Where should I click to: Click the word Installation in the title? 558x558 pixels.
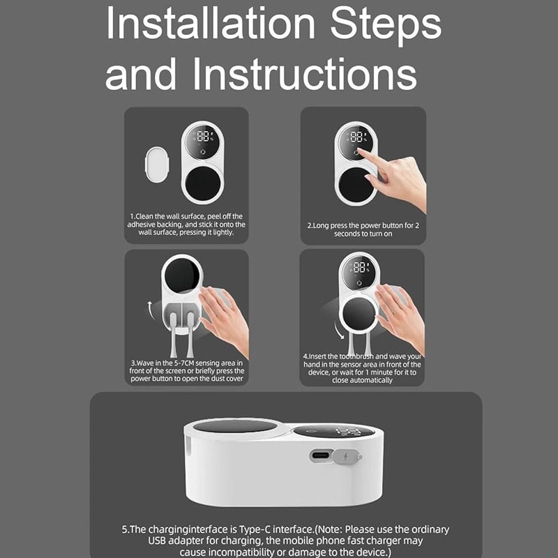[x=211, y=24]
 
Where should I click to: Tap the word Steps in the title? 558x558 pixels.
[x=386, y=26]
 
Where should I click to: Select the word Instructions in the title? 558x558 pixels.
[x=305, y=74]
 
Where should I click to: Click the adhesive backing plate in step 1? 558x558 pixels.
[x=157, y=164]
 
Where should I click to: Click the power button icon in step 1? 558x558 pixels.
[x=203, y=152]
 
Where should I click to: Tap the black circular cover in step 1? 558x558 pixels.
[x=203, y=183]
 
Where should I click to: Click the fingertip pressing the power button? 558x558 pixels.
[x=360, y=151]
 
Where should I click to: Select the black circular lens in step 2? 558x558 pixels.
[x=356, y=185]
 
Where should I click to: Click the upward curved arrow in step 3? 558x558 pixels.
[x=150, y=310]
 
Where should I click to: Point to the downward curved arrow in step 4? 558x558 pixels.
[x=339, y=330]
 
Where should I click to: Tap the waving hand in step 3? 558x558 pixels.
[x=223, y=320]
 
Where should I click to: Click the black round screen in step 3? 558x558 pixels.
[x=182, y=276]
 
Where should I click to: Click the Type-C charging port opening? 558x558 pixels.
[x=320, y=455]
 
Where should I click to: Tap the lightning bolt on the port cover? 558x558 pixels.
[x=345, y=456]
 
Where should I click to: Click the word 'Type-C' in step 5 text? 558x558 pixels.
[x=255, y=529]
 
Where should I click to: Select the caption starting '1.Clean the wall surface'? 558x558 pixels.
[x=186, y=224]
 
